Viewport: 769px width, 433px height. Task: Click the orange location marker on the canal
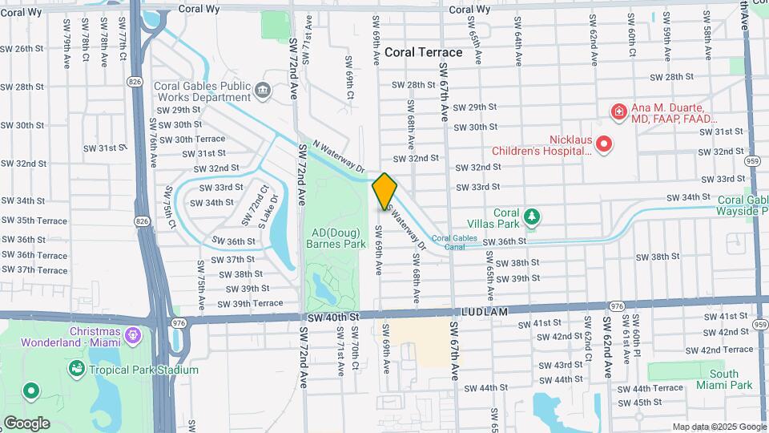(x=384, y=190)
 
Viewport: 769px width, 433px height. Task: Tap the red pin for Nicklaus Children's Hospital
(x=606, y=144)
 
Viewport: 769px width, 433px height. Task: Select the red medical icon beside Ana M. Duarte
(x=618, y=111)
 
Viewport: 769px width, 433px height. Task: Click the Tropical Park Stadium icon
(x=77, y=369)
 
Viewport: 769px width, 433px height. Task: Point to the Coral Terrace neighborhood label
(x=423, y=52)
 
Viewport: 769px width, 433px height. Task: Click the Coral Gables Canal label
(x=448, y=241)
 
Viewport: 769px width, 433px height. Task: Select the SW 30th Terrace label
(x=192, y=139)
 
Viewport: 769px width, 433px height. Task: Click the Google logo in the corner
(x=26, y=423)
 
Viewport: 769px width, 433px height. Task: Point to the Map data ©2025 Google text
(x=719, y=427)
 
